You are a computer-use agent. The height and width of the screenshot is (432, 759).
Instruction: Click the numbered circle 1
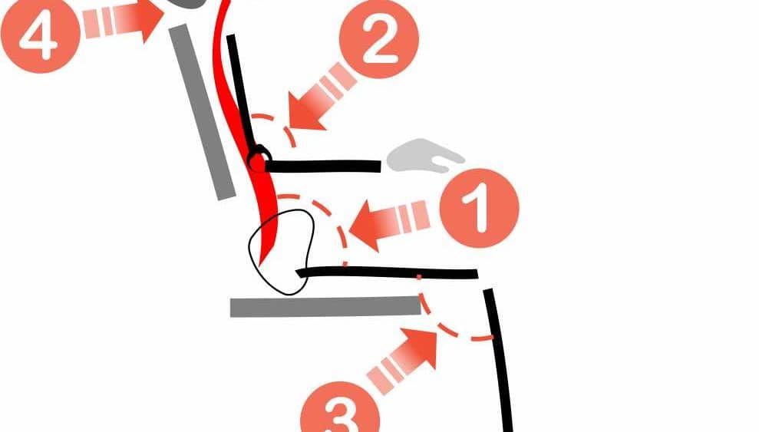click(x=479, y=208)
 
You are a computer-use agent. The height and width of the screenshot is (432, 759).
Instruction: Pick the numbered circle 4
click(x=40, y=34)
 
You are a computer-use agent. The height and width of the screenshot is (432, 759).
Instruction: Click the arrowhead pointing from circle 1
click(x=368, y=226)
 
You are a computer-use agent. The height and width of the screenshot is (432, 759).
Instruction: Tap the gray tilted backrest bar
click(x=203, y=112)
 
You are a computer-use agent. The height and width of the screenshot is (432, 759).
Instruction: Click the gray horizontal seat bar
click(x=325, y=307)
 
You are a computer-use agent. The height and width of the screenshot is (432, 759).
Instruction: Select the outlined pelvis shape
click(x=282, y=252)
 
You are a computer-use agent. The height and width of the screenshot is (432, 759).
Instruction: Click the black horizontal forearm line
click(x=322, y=167)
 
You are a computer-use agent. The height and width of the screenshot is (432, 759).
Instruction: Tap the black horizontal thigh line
click(x=388, y=272)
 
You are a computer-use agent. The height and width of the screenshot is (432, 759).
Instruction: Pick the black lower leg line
click(x=499, y=361)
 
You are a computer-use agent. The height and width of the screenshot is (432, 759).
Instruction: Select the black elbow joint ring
click(x=259, y=158)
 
